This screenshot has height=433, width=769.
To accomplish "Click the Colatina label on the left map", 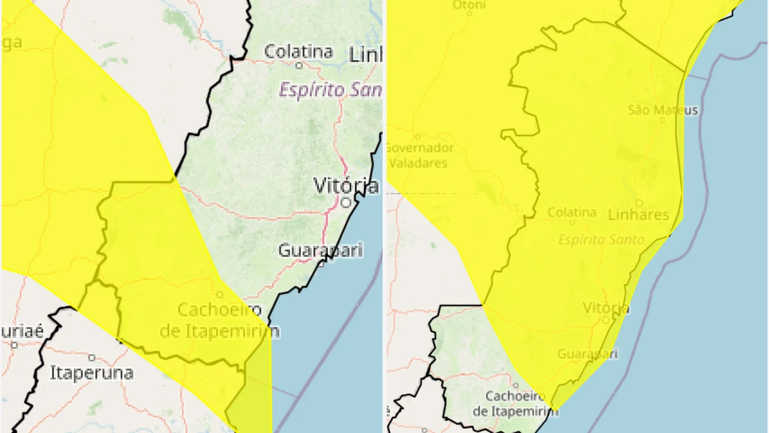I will click(x=299, y=51).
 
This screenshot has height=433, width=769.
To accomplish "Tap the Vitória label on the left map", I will click(x=345, y=186).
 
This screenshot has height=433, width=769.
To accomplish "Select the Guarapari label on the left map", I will click(x=320, y=250).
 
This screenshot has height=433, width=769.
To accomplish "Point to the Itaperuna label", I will click(x=92, y=373).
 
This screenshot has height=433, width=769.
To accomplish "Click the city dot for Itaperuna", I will click(x=92, y=357).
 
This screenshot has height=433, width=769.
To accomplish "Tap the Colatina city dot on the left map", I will click(x=299, y=65).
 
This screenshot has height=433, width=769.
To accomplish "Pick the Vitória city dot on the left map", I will click(x=346, y=202).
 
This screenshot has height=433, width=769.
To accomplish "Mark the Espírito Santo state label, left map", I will click(x=330, y=90).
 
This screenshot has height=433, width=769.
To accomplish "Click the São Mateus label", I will click(x=663, y=110).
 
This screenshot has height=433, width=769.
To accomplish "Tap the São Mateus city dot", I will click(x=663, y=119).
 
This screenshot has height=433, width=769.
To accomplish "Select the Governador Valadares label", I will click(x=419, y=155).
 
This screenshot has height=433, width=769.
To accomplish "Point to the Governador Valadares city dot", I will click(x=418, y=137).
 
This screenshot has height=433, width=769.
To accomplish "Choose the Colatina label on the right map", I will click(x=572, y=212).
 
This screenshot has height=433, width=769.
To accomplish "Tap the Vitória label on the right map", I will click(x=606, y=309).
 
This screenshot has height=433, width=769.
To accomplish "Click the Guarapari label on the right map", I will click(x=588, y=353).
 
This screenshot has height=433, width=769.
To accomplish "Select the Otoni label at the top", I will click(x=470, y=5).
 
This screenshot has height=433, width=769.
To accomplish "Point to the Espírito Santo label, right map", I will click(x=592, y=239).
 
